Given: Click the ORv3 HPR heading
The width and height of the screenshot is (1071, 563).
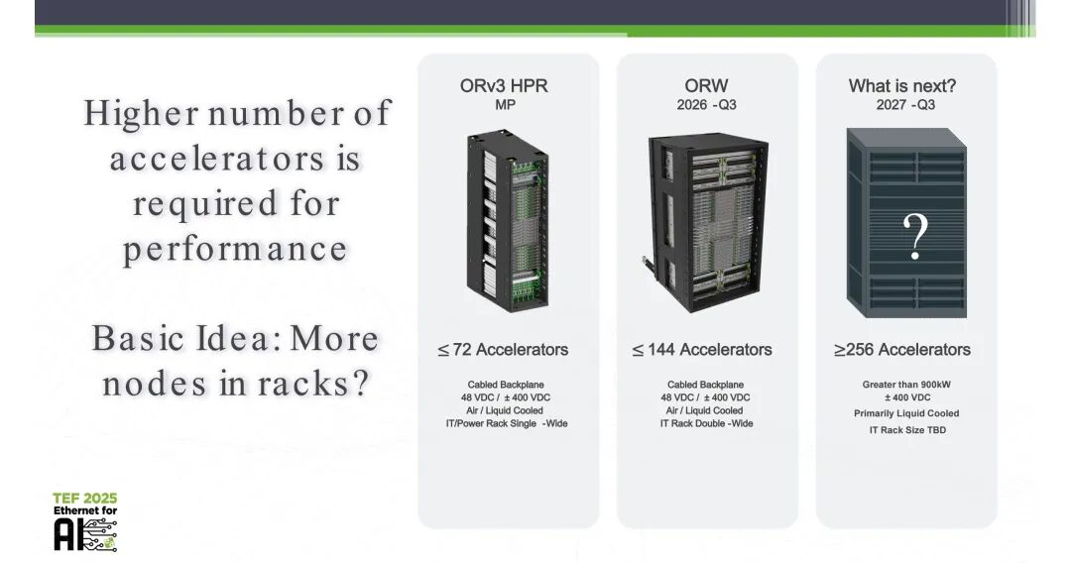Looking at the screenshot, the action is (504, 86).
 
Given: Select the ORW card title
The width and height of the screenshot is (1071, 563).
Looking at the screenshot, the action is (706, 86).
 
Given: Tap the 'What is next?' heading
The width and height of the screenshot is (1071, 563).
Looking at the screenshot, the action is (901, 86).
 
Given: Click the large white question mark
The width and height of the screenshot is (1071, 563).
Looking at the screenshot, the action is (915, 236).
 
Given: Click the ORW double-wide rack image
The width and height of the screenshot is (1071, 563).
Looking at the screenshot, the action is (706, 222).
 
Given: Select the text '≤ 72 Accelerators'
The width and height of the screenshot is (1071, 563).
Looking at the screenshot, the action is (504, 350).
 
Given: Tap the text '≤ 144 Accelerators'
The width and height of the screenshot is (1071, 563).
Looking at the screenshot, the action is (702, 350).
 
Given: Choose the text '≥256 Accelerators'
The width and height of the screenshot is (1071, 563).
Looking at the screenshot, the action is (901, 350).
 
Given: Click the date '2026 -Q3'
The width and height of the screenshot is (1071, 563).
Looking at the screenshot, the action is (706, 105).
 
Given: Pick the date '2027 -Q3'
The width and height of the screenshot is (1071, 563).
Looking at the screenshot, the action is (905, 105).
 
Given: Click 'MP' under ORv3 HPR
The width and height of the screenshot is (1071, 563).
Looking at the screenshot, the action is (505, 105).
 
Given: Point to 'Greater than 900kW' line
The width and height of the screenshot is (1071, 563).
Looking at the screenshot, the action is (906, 385).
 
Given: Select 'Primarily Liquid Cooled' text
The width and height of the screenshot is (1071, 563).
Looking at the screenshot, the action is (906, 413).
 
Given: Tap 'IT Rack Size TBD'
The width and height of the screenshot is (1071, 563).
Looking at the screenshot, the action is (907, 430).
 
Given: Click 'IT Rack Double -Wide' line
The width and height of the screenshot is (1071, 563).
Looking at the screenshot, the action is (706, 424).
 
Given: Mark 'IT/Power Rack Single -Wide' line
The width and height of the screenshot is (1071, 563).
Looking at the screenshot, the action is (506, 424).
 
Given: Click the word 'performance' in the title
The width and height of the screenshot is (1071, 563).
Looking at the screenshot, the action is (235, 249).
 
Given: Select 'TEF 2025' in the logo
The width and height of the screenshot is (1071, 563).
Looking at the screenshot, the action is (85, 499).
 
